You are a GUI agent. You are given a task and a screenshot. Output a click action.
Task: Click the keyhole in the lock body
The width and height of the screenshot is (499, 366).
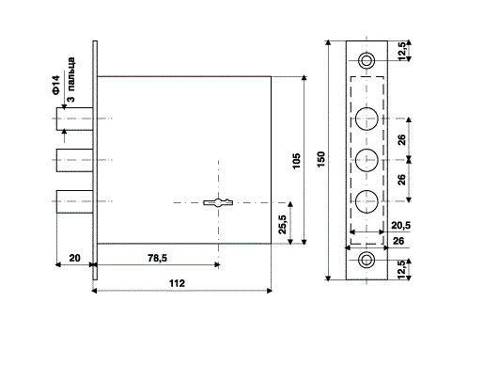coord(218,202)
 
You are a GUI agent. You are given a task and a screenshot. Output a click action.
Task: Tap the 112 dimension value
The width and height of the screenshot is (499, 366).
coord(177,283)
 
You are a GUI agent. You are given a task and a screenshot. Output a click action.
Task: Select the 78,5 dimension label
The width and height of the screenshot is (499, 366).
coord(157,258)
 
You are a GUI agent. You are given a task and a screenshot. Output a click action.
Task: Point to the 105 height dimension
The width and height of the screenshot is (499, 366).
coord(296,161)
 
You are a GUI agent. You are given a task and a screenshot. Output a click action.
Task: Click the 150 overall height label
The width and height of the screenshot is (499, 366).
coord(321,159)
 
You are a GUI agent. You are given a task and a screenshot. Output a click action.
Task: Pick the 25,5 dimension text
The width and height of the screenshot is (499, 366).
coord(283,224)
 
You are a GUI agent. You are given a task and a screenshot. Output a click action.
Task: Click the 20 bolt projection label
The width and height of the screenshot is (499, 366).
coord(74,258)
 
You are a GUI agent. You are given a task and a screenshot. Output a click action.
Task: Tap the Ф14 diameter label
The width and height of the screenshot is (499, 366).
coord(56,85)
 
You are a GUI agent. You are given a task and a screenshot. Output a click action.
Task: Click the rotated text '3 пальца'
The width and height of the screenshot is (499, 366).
coord(71,79)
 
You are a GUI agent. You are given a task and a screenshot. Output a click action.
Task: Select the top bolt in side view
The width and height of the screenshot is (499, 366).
coord(75,119)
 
